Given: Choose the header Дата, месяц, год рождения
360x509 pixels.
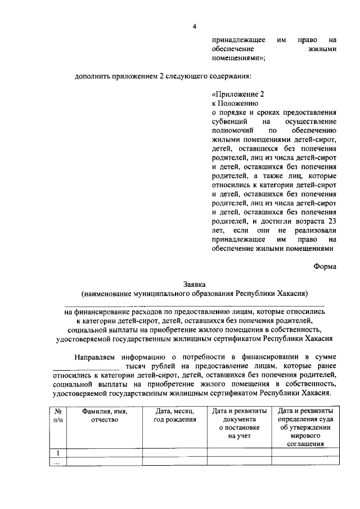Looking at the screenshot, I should coord(174,415).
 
